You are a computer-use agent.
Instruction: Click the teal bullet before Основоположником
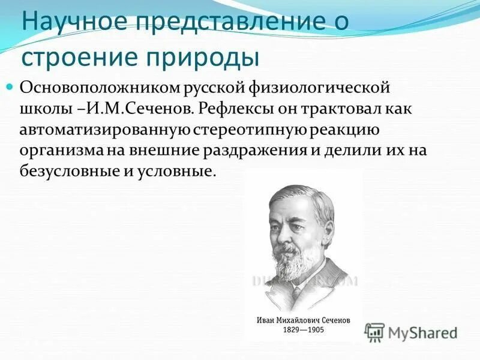tap(10, 88)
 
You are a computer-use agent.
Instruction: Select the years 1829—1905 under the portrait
tap(304, 329)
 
